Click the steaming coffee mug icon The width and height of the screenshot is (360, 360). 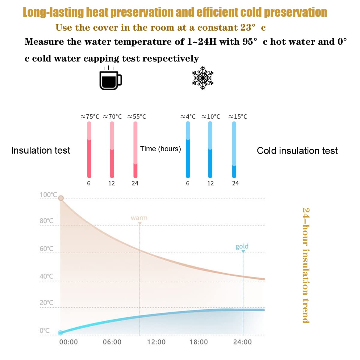coord(110,79)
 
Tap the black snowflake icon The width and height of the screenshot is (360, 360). coord(203,78)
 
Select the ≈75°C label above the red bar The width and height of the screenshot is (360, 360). coord(90,117)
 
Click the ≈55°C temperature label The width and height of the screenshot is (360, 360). coord(136,117)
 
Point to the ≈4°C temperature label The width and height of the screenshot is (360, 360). coord(188,117)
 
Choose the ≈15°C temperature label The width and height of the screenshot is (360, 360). coord(238,117)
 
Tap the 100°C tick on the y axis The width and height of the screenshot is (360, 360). coord(48,195)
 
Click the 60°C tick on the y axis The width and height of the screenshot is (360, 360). coord(46,249)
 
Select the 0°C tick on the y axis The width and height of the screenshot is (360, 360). coord(45,331)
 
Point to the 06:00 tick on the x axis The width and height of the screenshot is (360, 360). coord(112,342)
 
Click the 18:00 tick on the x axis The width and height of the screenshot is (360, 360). coord(199,342)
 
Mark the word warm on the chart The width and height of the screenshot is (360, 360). coord(139,218)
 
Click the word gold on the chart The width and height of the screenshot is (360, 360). coord(242,246)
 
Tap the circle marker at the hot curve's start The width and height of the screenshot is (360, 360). coord(61,198)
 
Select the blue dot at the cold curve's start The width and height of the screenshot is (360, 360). coord(60,332)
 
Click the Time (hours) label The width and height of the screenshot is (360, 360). coord(160,149)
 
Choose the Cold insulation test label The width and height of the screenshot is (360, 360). coord(297,151)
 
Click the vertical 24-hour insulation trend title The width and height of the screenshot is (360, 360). coord(305,265)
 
